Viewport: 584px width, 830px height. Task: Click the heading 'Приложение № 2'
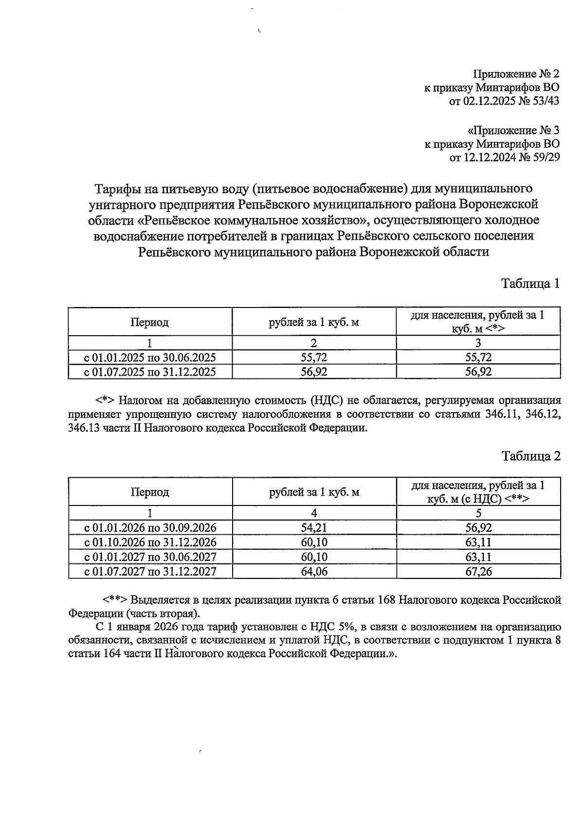pyautogui.click(x=516, y=74)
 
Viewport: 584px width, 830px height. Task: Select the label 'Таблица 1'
pyautogui.click(x=530, y=284)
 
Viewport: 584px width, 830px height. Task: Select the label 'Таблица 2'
pyautogui.click(x=531, y=456)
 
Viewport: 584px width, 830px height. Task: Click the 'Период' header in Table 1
pyautogui.click(x=149, y=322)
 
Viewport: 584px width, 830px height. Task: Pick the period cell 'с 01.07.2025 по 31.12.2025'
pyautogui.click(x=150, y=372)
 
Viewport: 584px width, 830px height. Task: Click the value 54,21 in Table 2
pyautogui.click(x=314, y=528)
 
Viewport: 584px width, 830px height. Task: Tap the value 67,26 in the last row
pyautogui.click(x=478, y=572)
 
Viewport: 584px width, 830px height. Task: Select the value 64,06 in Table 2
pyautogui.click(x=314, y=572)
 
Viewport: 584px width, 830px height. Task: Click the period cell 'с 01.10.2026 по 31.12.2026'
pyautogui.click(x=150, y=542)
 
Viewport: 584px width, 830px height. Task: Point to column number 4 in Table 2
pyautogui.click(x=314, y=513)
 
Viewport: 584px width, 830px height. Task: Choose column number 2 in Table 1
pyautogui.click(x=314, y=343)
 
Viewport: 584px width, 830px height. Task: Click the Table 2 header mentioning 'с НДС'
pyautogui.click(x=478, y=492)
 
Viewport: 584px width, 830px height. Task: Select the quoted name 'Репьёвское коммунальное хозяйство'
pyautogui.click(x=253, y=220)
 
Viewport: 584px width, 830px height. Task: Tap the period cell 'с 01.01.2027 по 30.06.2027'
pyautogui.click(x=150, y=557)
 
